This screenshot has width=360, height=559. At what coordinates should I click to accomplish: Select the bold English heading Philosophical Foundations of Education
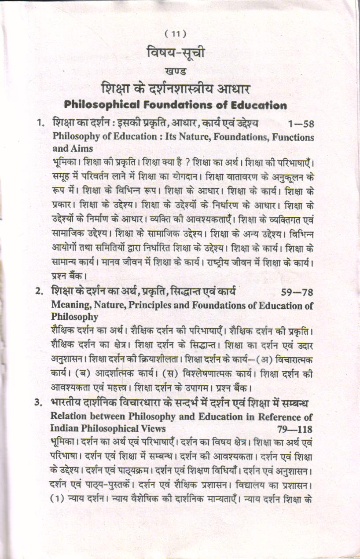coord(175,105)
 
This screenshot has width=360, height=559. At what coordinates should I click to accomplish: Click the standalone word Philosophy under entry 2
coord(74,317)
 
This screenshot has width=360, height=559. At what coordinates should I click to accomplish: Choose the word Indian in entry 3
coord(64,428)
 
